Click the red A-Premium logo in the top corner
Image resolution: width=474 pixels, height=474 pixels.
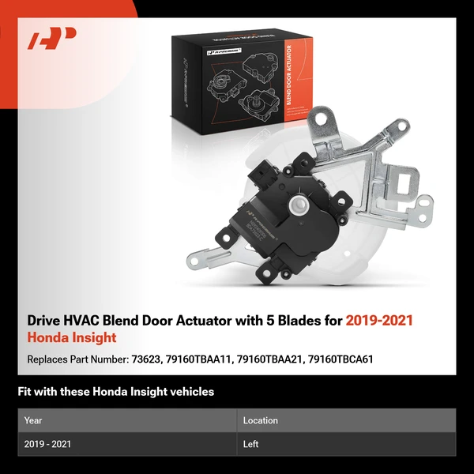coord(52,38)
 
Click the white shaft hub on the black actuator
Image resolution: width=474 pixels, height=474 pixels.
coord(297,206)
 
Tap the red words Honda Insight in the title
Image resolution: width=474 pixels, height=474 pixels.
coord(72,338)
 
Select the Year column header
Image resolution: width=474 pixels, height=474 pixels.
coord(33,421)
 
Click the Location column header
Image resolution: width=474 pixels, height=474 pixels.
coord(260,421)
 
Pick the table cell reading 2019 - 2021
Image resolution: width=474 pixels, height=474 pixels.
coord(47,445)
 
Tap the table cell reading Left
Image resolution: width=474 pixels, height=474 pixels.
coord(250,445)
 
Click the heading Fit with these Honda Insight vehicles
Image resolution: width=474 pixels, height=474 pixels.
coord(115,392)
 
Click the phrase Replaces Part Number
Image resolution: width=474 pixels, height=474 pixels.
coord(77,359)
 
